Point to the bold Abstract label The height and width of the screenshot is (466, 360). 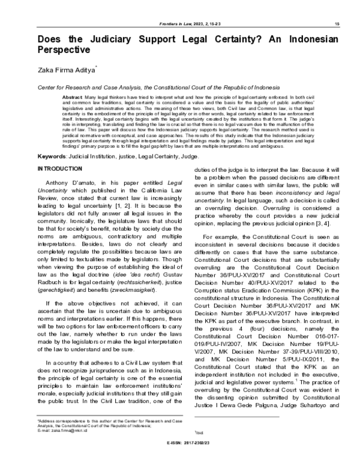73,97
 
